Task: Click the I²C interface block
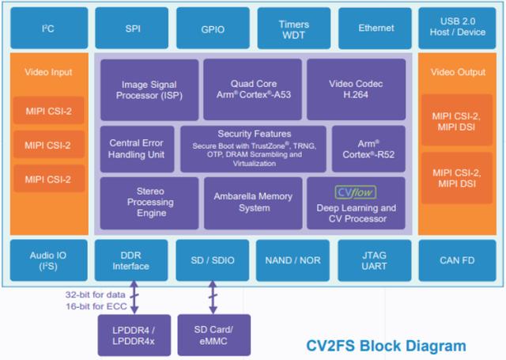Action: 47,28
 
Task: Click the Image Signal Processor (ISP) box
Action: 149,89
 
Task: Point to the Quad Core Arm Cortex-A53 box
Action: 252,89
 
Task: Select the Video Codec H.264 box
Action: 355,89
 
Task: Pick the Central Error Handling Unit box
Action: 137,149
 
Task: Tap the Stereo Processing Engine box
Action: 149,203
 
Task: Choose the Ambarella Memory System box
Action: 252,203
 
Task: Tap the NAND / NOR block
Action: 294,260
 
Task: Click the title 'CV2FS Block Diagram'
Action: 386,346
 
